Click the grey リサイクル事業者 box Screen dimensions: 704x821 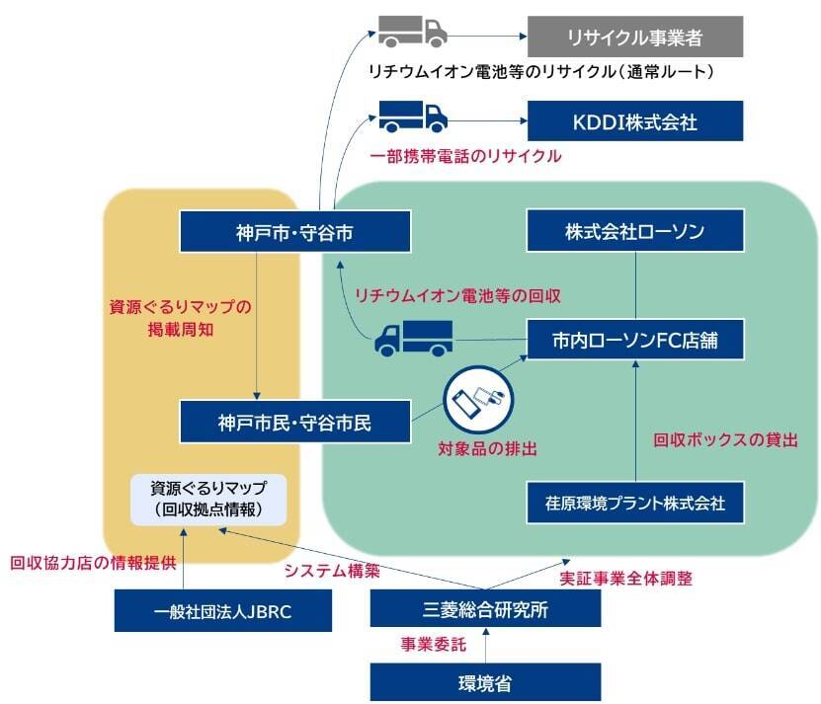coord(633,39)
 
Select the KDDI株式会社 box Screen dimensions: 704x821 coord(633,121)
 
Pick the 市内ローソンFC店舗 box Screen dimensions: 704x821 coord(633,341)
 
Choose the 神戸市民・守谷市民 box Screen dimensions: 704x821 coord(294,423)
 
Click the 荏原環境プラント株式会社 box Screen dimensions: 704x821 coord(633,503)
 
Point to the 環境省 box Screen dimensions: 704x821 coord(484,681)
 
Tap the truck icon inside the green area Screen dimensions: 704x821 coord(413,339)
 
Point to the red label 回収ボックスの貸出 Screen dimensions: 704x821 coord(724,440)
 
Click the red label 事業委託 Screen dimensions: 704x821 coord(432,645)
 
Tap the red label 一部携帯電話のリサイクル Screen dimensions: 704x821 coord(465,156)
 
